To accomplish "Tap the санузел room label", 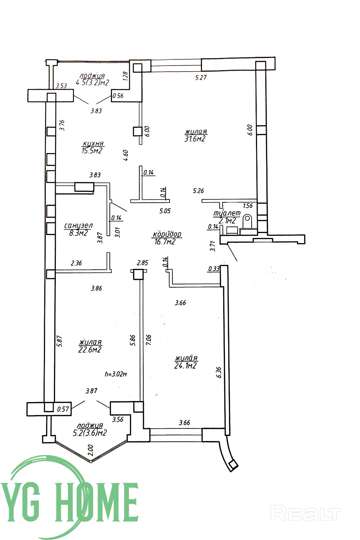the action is (78, 226).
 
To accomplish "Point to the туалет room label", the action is (227, 213).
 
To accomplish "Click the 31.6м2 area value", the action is (195, 139).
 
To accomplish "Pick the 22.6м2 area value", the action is (90, 350).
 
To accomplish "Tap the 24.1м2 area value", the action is (185, 366).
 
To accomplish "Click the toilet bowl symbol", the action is (247, 219).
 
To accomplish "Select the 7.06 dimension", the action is (149, 340).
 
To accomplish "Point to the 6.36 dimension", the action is (219, 373).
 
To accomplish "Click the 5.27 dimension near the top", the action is (201, 77).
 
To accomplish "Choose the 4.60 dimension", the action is (126, 156).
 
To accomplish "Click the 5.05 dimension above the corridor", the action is (165, 211).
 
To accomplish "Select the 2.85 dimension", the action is (142, 263).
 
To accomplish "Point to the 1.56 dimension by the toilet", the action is (248, 206).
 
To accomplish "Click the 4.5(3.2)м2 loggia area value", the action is (92, 82).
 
